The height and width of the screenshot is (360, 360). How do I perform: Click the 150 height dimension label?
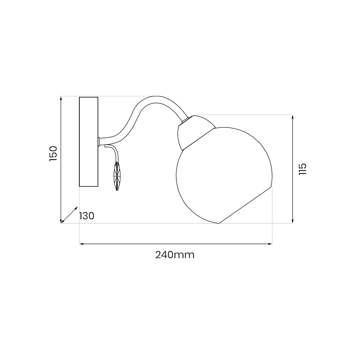click(x=53, y=153)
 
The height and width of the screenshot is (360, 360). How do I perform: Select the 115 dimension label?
click(x=303, y=169)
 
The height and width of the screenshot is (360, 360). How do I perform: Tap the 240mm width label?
click(x=175, y=255)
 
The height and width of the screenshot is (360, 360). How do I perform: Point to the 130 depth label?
click(x=87, y=216)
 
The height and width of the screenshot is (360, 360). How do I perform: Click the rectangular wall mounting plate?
click(x=89, y=142)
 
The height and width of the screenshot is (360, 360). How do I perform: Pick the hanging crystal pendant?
click(x=117, y=176)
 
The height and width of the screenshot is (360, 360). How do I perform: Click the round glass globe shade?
click(x=224, y=175)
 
